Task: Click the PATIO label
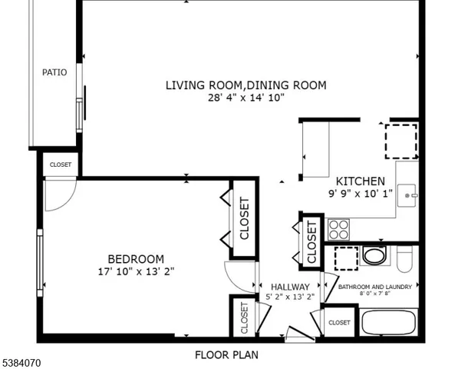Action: (x=54, y=72)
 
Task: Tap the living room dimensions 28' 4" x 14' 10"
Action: (x=246, y=98)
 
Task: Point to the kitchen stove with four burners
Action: (x=338, y=228)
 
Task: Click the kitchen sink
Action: (x=407, y=191)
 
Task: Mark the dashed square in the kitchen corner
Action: (x=401, y=139)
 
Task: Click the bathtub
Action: (x=388, y=323)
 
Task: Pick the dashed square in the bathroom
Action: (x=346, y=259)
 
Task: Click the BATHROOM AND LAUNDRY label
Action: (x=375, y=287)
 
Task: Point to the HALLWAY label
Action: (x=285, y=287)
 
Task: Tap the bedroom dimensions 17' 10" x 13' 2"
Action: (x=136, y=271)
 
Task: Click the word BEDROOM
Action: (x=136, y=259)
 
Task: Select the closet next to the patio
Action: (x=61, y=165)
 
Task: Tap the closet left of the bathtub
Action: (x=339, y=323)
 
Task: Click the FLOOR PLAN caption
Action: (x=226, y=355)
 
